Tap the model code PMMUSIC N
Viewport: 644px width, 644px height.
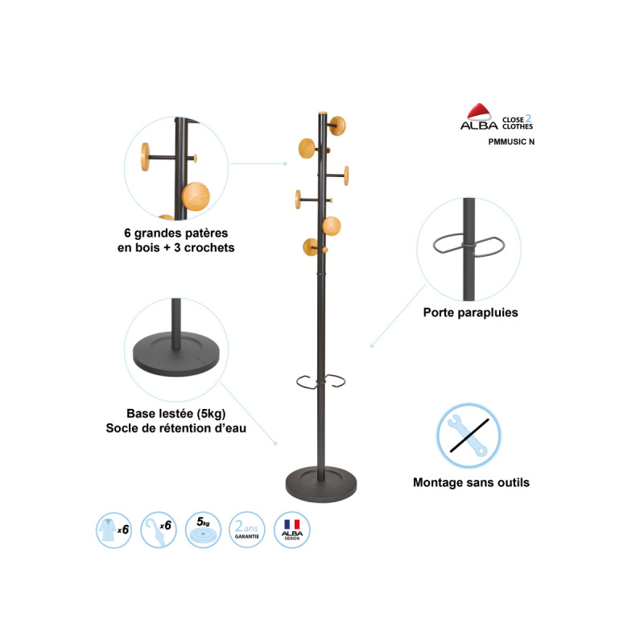point(511,142)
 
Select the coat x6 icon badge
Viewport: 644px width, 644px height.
point(114,530)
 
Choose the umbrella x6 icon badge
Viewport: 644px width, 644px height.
point(159,530)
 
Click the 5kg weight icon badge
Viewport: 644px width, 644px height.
point(204,530)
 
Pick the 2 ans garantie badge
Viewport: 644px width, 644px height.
point(247,530)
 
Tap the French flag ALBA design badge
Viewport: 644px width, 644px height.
point(292,530)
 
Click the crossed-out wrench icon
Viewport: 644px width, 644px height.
point(469,436)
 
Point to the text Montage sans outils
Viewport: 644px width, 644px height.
point(471,482)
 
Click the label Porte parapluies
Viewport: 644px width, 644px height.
point(471,312)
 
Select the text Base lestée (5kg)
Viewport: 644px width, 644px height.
point(176,413)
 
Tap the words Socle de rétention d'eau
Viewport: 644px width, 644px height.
point(176,428)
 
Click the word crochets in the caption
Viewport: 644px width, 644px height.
point(209,248)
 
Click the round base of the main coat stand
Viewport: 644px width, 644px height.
point(321,485)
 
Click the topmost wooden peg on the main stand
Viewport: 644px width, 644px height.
point(337,126)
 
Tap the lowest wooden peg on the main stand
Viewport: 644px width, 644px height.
point(310,247)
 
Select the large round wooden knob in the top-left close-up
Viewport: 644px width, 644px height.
point(196,196)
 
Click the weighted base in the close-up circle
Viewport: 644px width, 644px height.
point(176,354)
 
